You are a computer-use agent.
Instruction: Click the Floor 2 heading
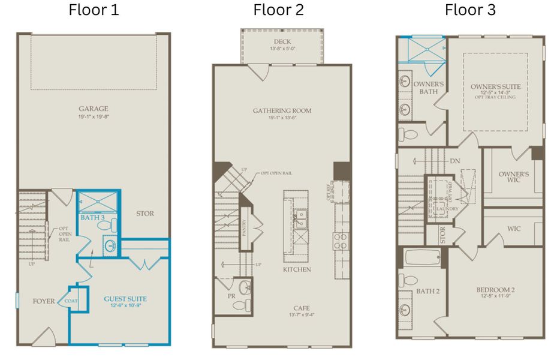278,10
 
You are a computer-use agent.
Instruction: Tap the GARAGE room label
93,109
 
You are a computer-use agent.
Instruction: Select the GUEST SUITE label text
125,298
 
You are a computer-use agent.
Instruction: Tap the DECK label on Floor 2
282,41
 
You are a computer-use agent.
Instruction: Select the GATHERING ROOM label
282,110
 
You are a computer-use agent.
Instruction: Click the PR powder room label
231,296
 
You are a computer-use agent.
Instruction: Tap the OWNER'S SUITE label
495,87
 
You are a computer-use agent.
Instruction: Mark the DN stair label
454,161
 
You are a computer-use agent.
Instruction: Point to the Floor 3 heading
470,10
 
